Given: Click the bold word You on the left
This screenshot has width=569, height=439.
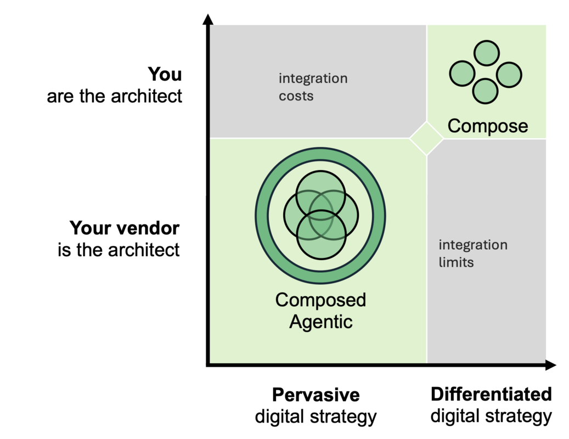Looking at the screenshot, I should (x=165, y=74).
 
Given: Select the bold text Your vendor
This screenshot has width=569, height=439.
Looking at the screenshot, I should (x=124, y=228).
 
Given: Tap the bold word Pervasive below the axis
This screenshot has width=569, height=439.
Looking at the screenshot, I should (x=316, y=395).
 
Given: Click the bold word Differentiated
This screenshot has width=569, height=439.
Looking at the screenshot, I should (x=491, y=394).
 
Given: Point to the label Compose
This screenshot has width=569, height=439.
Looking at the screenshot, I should (x=487, y=126).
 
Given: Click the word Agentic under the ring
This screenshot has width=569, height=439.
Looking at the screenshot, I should (x=320, y=322).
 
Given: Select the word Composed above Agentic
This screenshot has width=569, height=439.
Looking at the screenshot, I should (x=320, y=300).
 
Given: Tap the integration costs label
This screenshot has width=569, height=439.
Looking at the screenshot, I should (x=313, y=87).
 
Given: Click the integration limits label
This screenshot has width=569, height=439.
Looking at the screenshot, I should (x=472, y=254).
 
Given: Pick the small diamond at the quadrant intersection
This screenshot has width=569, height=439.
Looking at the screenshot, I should (x=426, y=138).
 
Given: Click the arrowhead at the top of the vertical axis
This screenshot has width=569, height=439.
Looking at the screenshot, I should (x=207, y=20).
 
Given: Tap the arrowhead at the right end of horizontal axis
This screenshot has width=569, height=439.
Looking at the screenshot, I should (x=551, y=365).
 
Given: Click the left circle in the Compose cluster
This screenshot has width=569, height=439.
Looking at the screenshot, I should (x=462, y=74).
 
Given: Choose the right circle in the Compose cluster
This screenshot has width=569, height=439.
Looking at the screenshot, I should (x=509, y=75).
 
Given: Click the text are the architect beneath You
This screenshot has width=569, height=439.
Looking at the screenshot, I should (x=114, y=96).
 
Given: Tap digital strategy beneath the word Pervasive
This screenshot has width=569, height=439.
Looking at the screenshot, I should (x=316, y=417).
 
